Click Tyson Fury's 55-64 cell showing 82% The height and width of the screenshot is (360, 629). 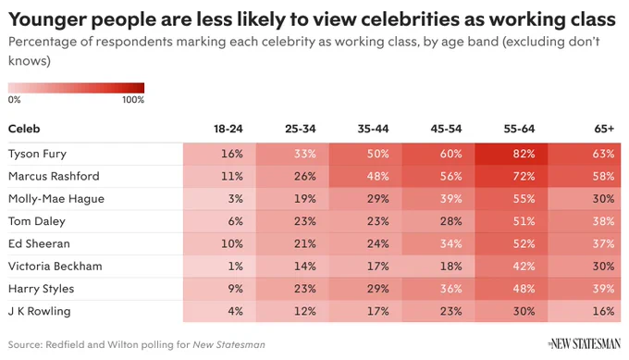coord(511,155)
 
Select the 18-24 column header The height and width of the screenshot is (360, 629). coord(228,129)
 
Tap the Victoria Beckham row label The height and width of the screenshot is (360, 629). coord(55,267)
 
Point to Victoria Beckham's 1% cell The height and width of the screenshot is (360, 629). coord(219,267)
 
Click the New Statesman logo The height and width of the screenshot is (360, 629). coord(584,344)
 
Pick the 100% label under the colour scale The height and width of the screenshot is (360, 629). coord(133,100)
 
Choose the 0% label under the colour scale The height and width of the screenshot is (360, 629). coord(15,100)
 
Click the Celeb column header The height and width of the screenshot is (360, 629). coord(24,129)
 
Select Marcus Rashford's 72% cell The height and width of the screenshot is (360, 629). coord(511,177)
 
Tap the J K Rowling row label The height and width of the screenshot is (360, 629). coord(39,312)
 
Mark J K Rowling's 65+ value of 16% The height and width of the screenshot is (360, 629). coord(584,312)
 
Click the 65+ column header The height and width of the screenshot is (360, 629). coord(604,129)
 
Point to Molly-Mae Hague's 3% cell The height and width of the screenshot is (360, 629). coord(219,199)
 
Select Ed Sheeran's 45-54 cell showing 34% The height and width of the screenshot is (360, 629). coord(438,244)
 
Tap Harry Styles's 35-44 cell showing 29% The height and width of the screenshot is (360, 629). coord(365,289)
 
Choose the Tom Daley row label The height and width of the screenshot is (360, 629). coord(37,221)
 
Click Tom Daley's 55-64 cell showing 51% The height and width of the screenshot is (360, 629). coord(511,221)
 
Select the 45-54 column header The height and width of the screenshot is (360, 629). coord(446,129)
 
